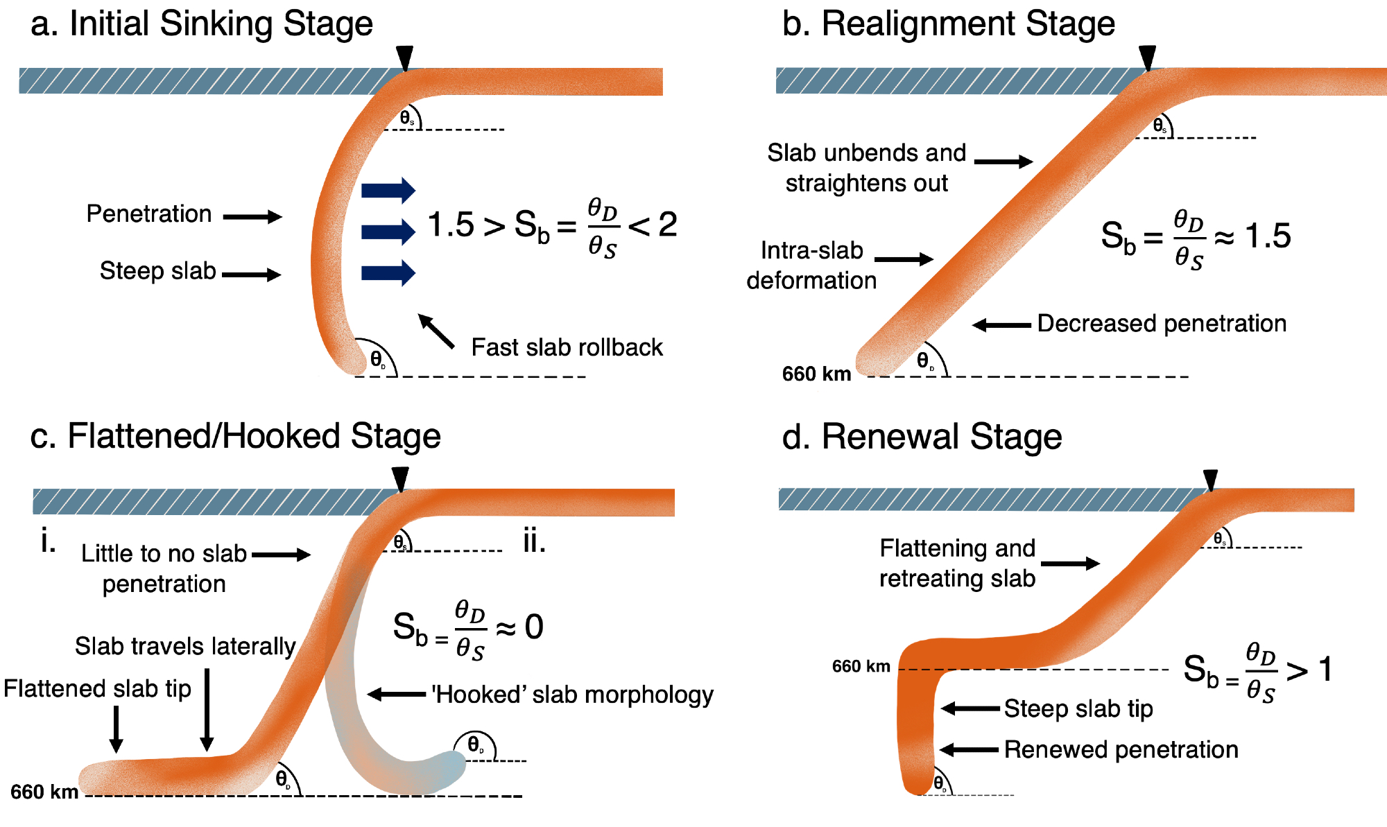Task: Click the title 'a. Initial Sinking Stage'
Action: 202,24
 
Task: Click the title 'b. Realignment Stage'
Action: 948,24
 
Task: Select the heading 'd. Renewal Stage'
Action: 922,437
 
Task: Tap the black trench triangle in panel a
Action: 404,58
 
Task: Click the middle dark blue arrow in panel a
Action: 388,232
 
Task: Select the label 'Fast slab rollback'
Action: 567,347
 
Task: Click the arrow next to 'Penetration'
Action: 252,217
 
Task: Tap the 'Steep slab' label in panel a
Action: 157,271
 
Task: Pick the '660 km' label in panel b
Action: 816,374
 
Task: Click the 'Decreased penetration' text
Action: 1162,324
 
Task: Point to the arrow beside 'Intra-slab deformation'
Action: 904,259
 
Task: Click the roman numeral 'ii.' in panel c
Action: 534,541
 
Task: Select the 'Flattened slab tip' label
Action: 97,689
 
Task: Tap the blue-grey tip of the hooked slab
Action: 451,769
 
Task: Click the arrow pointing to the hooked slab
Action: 397,694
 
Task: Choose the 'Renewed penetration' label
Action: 1121,750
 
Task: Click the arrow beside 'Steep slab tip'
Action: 971,708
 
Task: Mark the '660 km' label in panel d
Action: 861,667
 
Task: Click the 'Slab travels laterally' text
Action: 185,647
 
